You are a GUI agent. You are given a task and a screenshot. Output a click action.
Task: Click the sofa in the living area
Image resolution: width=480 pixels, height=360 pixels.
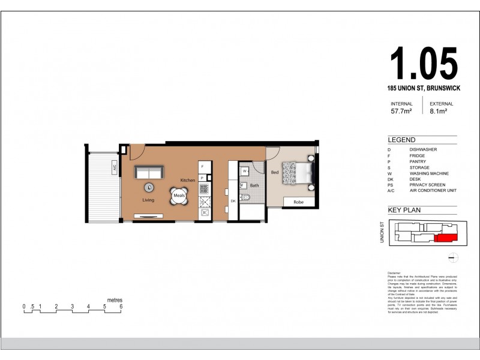click(x=148, y=173)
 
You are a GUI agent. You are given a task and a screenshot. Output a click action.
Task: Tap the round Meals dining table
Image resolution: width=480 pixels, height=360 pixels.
click(x=179, y=196)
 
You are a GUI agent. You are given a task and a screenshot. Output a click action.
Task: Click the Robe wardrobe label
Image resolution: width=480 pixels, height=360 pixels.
click(x=298, y=202)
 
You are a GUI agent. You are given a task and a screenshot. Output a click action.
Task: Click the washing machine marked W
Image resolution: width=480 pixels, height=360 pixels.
click(x=245, y=171)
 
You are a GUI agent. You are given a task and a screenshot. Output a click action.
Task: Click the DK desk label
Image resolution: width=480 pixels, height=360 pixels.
click(x=233, y=201)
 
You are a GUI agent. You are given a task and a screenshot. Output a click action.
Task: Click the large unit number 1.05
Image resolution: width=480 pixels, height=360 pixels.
click(x=424, y=64)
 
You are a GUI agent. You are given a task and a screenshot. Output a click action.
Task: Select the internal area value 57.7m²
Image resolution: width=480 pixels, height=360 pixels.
click(x=401, y=111)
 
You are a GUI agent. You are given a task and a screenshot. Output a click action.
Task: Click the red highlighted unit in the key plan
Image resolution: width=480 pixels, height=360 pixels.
click(x=445, y=239)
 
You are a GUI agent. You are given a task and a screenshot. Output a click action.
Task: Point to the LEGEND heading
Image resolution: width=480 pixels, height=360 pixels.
click(x=401, y=139)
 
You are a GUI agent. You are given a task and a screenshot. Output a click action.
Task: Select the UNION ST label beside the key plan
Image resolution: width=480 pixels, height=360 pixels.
click(x=382, y=232)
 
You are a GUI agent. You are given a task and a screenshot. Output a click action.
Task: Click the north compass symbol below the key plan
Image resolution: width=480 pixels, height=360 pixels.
click(x=454, y=258)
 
